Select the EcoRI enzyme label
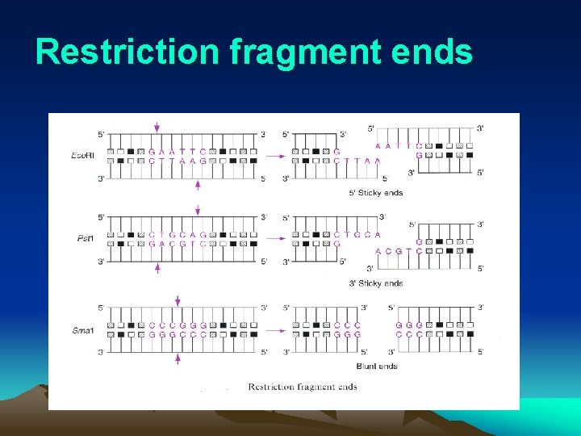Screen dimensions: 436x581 click(82, 155)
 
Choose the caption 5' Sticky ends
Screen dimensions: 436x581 click(375, 193)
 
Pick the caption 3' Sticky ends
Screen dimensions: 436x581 click(375, 283)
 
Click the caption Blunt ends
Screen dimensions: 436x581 click(377, 366)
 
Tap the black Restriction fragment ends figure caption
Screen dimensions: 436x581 click(303, 387)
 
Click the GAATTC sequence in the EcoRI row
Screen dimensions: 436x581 click(177, 151)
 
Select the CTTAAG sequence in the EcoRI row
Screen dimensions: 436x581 click(177, 161)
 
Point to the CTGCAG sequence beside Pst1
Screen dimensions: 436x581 click(177, 234)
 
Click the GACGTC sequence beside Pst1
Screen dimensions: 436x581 click(177, 243)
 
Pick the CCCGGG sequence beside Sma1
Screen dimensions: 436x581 click(177, 325)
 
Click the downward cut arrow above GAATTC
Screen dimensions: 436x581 click(157, 127)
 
